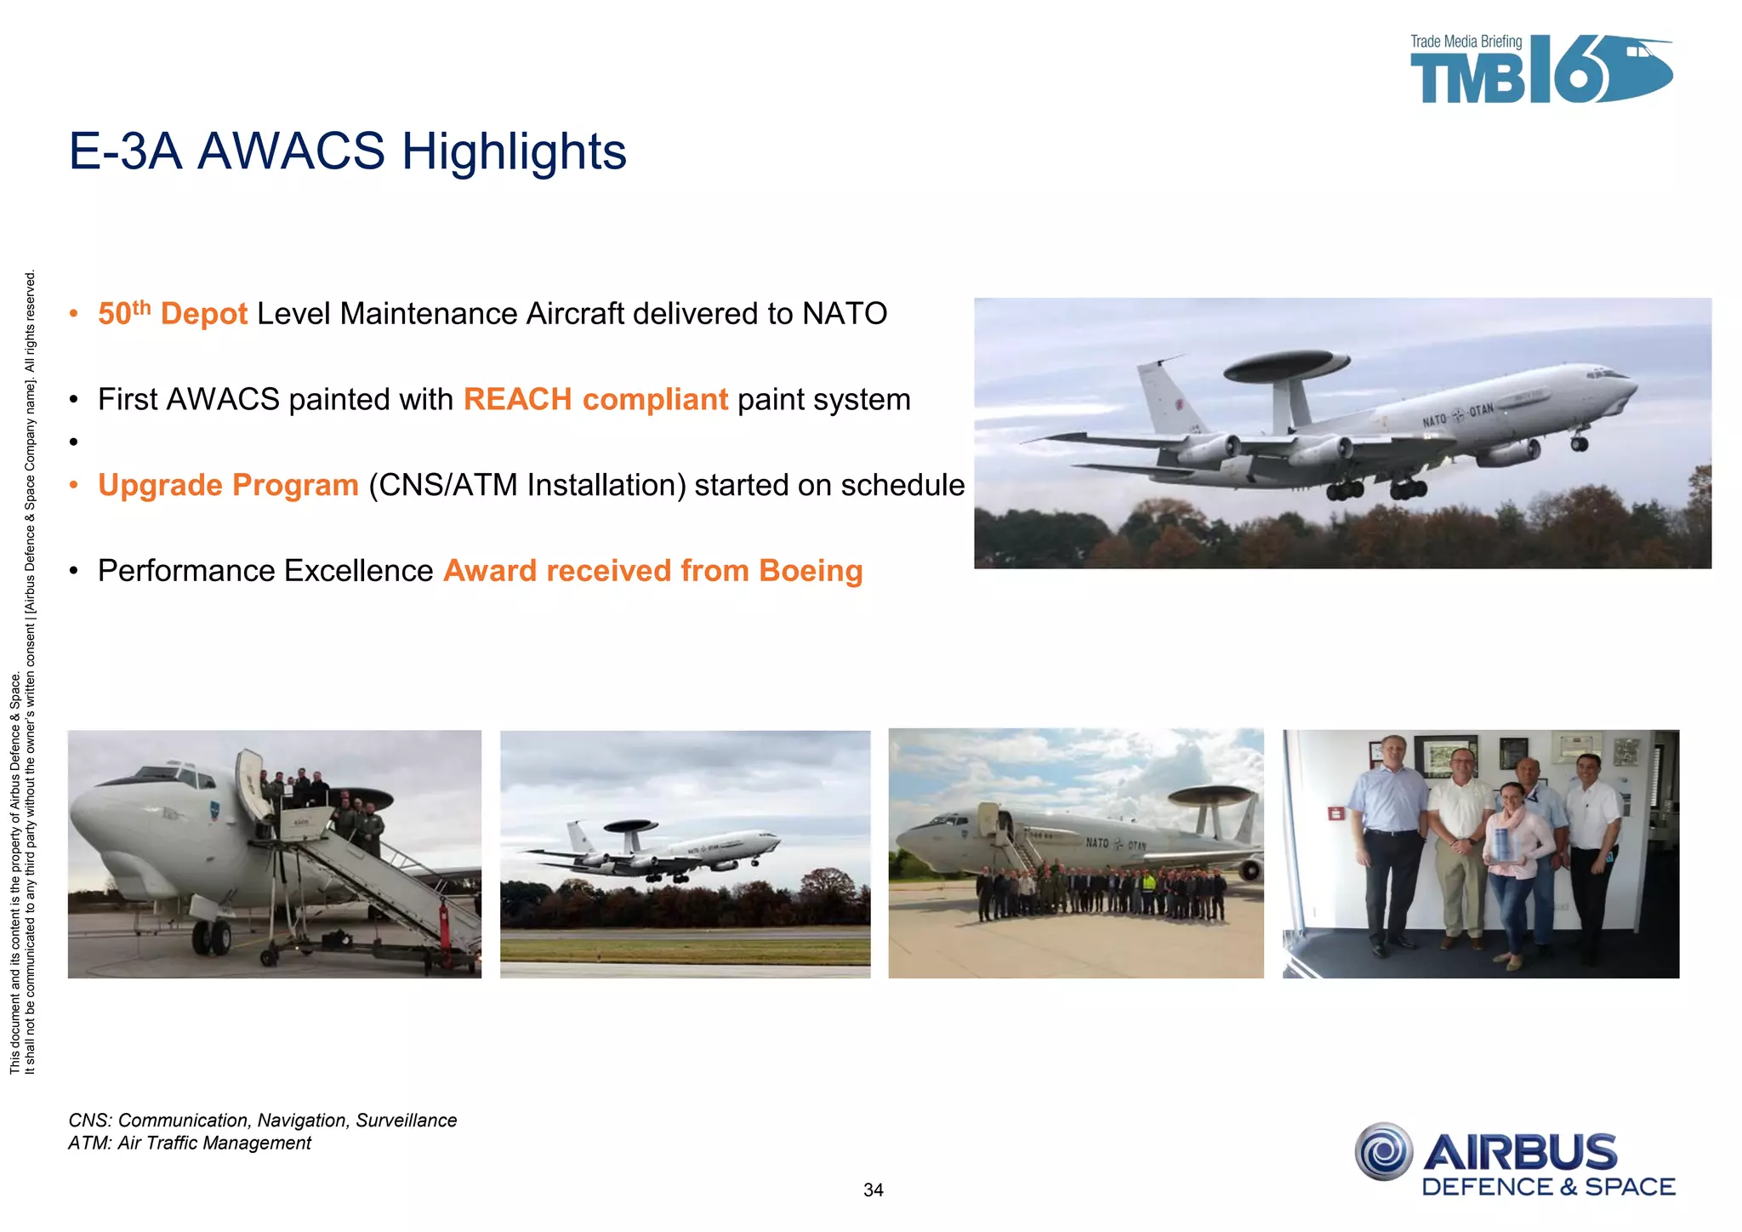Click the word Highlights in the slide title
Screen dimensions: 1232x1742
coord(513,151)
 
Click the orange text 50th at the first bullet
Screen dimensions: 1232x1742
coord(124,313)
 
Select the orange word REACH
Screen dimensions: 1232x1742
coord(517,399)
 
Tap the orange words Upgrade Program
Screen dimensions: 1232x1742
coord(228,485)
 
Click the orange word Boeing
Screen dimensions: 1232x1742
coord(810,571)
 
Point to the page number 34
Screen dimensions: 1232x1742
coord(873,1190)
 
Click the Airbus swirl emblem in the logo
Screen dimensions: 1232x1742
coord(1384,1152)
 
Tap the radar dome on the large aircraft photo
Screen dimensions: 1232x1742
coord(1285,365)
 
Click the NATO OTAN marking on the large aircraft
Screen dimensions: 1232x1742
coord(1458,415)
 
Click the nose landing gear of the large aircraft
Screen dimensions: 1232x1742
coord(1580,442)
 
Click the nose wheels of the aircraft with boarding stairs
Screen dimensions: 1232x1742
coord(211,938)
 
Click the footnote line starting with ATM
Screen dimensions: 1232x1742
coord(189,1143)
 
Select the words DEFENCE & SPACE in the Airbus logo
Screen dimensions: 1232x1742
coord(1548,1187)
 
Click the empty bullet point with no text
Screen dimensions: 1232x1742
coord(74,442)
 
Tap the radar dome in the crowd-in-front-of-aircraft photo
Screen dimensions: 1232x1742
coord(1210,796)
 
